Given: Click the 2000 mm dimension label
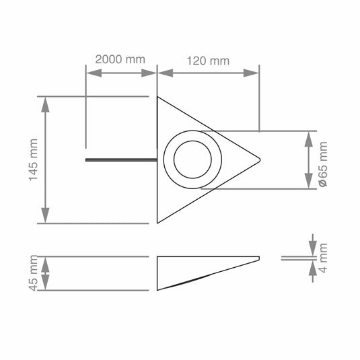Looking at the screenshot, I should click(x=120, y=59).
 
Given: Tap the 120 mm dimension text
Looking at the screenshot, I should click(x=208, y=61).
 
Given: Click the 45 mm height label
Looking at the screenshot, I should click(x=32, y=273).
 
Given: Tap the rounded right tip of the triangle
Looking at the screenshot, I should click(x=259, y=159).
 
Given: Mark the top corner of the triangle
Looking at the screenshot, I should click(x=157, y=98).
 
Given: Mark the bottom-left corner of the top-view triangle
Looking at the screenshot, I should click(x=157, y=221).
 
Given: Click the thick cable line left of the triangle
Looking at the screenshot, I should click(x=121, y=160).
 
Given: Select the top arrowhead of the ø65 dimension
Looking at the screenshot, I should click(x=309, y=137).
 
